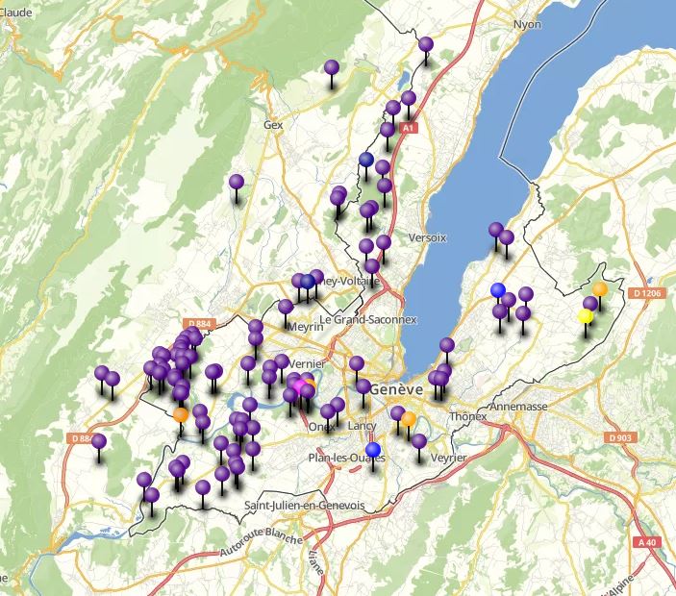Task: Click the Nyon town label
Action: coord(527,25)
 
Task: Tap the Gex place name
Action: coord(273,125)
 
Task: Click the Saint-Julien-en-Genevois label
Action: coord(305,506)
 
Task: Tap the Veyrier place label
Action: coord(448,459)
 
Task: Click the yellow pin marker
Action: coord(585,316)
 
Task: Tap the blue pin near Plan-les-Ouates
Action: coord(373,449)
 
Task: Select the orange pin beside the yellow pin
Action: coord(600,288)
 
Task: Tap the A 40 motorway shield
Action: coord(649,542)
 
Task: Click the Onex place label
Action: coord(320,427)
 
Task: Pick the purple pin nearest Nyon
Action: coord(426,44)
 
